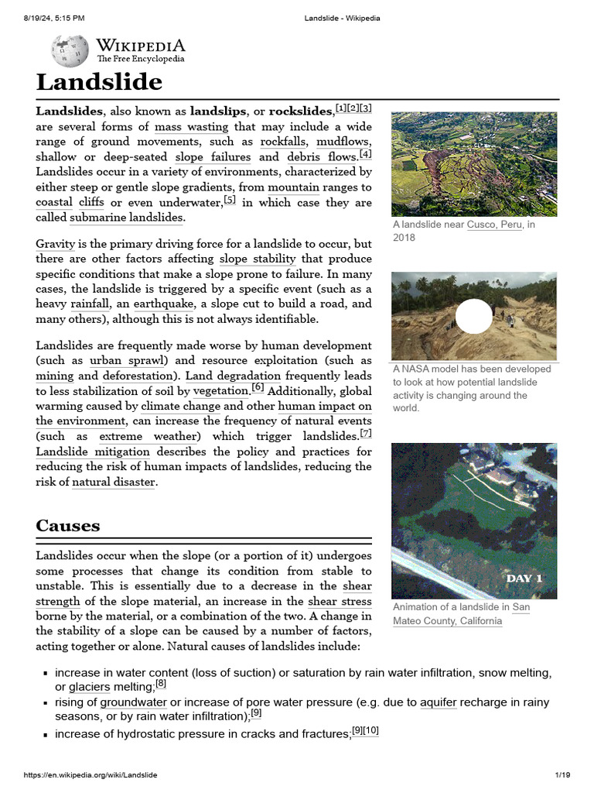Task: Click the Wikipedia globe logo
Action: pos(70,50)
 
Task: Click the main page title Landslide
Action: pos(99,82)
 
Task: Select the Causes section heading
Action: pos(68,526)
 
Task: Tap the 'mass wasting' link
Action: pos(191,127)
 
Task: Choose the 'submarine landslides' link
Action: pos(126,218)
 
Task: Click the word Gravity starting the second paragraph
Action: pos(55,244)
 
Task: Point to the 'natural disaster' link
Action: pos(114,482)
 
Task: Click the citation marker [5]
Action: pos(230,200)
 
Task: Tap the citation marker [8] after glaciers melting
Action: pos(161,684)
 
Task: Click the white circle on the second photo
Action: pos(473,316)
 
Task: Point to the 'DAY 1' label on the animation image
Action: pos(524,578)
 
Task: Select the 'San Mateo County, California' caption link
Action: pos(461,614)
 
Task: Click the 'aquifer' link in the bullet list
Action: pos(439,702)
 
